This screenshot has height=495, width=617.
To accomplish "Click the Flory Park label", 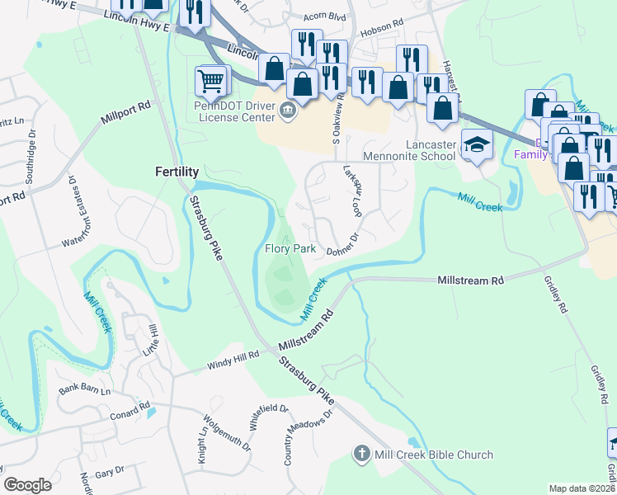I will pyautogui.click(x=291, y=248).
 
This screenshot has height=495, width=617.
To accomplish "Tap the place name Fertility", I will pyautogui.click(x=177, y=172).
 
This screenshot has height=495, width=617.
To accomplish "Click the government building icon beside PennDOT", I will pyautogui.click(x=288, y=111).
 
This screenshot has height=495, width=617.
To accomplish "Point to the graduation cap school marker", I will pyautogui.click(x=476, y=145).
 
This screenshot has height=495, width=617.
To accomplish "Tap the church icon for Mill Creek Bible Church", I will pyautogui.click(x=360, y=454).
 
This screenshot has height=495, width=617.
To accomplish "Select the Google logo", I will pyautogui.click(x=27, y=485).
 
